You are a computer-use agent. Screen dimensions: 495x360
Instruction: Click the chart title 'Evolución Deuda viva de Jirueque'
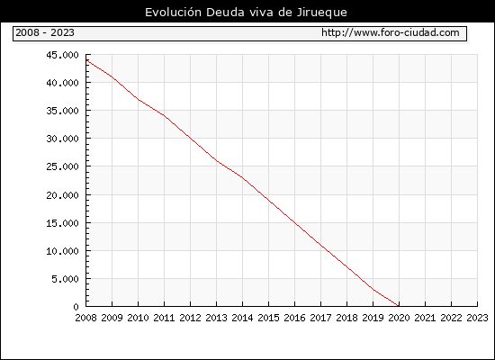pos(246,13)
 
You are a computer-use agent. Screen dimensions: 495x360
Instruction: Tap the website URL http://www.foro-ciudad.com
pos(391,32)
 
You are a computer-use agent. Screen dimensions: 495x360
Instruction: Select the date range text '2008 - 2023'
pos(45,32)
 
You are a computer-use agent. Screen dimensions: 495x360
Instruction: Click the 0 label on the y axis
pos(76,307)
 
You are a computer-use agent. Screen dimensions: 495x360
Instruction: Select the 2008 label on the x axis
pos(85,318)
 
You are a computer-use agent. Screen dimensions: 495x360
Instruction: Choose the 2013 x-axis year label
pos(216,318)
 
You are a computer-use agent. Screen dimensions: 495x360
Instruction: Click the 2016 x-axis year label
pos(294,318)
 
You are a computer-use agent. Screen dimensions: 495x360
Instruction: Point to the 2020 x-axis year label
pos(399,318)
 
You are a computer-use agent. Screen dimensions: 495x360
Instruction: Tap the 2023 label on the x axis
pos(477,318)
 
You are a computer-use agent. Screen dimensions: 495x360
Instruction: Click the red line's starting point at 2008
pos(86,60)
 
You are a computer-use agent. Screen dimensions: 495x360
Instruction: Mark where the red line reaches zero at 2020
pos(399,306)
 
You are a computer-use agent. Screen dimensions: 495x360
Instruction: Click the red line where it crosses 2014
pos(242,177)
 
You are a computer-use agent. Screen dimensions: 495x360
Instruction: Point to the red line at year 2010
pos(139,100)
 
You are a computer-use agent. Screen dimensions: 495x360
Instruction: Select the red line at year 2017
pos(320,245)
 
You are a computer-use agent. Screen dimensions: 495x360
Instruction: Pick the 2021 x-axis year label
pos(425,318)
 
